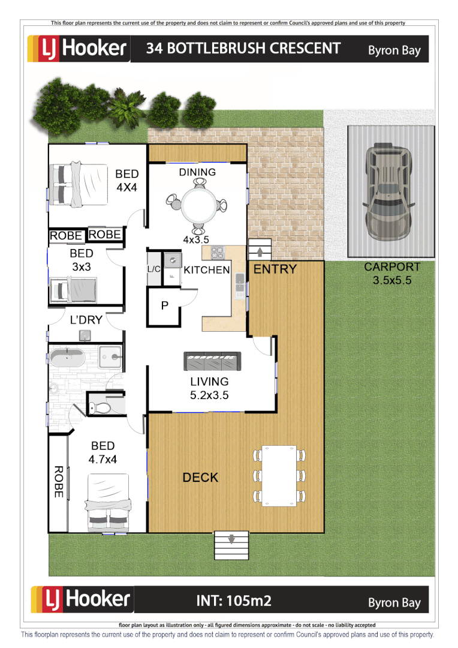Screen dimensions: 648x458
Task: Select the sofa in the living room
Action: [212, 362]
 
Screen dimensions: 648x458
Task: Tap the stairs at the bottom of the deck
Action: [231, 544]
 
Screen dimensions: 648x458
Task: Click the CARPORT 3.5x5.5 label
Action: [392, 273]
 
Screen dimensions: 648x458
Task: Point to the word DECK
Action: [200, 478]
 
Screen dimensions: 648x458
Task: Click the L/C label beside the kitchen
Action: [154, 269]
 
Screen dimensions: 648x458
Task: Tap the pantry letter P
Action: [165, 306]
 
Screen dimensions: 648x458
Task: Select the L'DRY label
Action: [86, 320]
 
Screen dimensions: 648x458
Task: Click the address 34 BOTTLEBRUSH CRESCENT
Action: [243, 49]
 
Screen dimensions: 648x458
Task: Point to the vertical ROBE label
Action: [59, 481]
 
